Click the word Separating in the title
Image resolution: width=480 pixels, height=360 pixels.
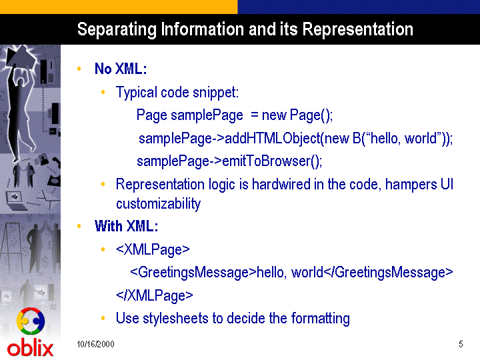[117, 30]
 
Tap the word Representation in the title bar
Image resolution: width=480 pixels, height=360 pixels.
[357, 30]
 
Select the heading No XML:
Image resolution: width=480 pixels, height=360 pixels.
[121, 69]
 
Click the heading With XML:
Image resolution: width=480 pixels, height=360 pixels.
[126, 226]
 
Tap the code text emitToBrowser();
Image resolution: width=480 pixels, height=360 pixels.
[272, 161]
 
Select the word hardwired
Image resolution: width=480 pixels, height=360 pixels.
[281, 184]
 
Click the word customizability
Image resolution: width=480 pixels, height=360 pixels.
[158, 204]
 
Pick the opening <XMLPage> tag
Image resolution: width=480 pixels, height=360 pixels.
[153, 250]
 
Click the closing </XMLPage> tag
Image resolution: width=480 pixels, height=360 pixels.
[155, 295]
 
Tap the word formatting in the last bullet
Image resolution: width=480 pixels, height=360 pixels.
[320, 319]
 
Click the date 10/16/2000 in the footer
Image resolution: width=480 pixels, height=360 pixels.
[95, 345]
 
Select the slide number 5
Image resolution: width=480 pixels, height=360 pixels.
[461, 345]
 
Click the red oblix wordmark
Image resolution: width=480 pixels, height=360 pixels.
[30, 348]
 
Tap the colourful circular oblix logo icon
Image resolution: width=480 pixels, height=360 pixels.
[31, 321]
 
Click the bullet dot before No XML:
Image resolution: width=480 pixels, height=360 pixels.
[79, 69]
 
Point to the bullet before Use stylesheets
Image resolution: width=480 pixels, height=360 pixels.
[103, 319]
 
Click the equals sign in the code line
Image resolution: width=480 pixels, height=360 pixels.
[255, 116]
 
